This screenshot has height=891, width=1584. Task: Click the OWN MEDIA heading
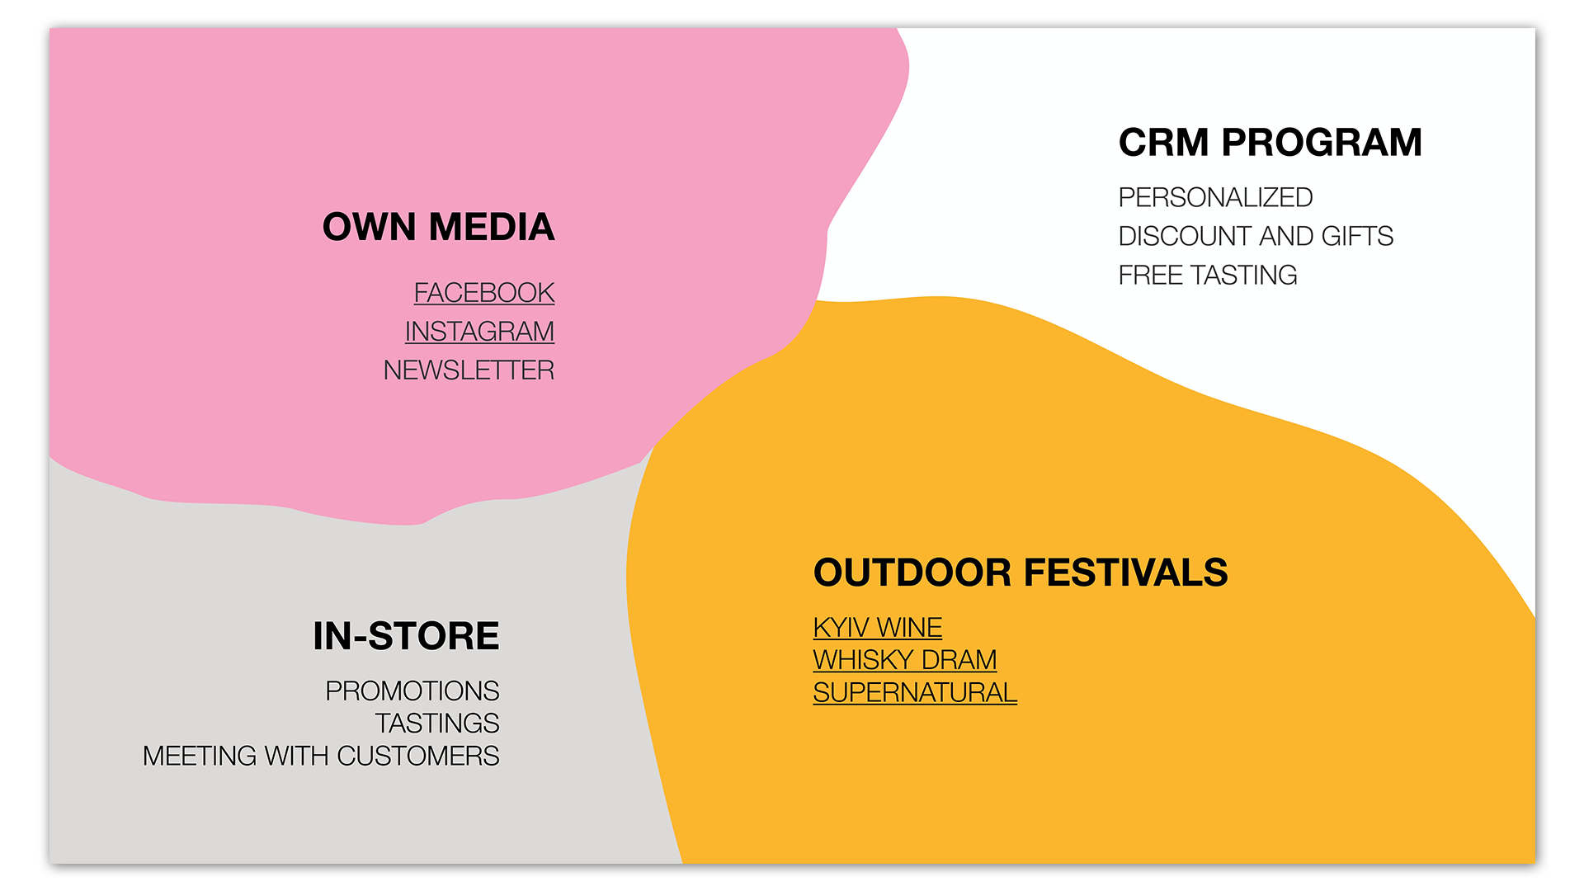click(x=438, y=227)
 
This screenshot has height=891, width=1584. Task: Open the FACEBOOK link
click(x=484, y=293)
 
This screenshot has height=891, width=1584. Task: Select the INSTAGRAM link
click(x=479, y=332)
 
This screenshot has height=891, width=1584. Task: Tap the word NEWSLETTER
click(x=469, y=370)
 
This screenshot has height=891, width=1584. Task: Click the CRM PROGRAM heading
click(x=1270, y=143)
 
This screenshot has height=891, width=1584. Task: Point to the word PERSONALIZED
click(x=1215, y=198)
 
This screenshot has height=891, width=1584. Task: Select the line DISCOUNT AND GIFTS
click(x=1256, y=237)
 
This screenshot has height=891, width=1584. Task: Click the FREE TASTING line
click(x=1208, y=276)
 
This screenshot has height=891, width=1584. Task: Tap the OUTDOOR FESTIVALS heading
click(x=1021, y=573)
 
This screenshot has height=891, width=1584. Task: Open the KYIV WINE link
click(x=878, y=628)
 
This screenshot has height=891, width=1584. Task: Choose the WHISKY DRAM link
click(x=905, y=660)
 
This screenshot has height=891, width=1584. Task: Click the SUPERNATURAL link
click(x=915, y=693)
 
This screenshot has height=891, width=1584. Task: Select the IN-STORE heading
click(x=406, y=636)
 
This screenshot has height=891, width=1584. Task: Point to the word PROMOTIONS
click(x=412, y=691)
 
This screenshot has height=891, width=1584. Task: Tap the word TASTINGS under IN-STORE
click(x=437, y=724)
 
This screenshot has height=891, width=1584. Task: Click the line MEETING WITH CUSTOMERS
click(x=321, y=756)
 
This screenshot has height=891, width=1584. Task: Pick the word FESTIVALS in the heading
click(x=1126, y=573)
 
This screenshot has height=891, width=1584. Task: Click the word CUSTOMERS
click(x=418, y=756)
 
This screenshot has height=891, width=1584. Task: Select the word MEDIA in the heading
click(x=492, y=227)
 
